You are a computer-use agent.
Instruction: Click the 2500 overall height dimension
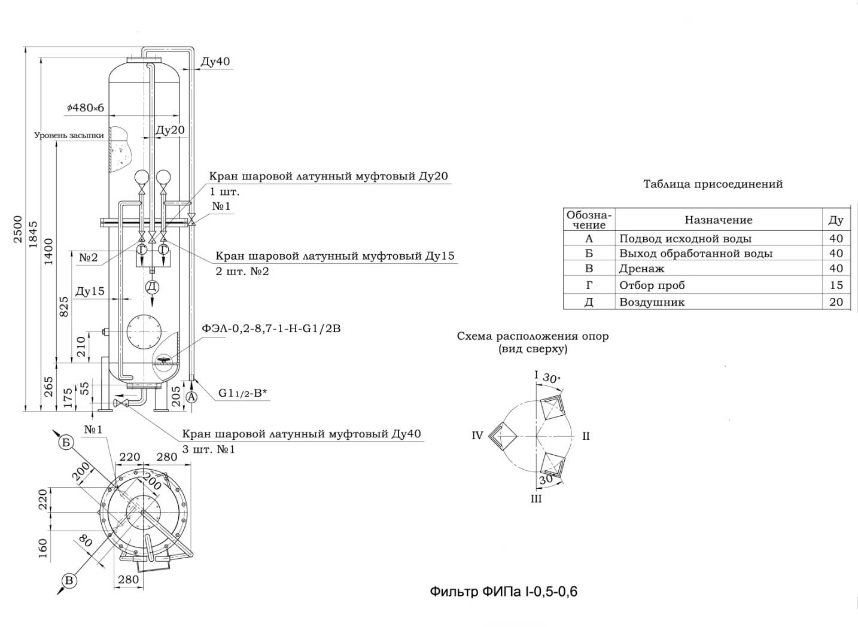pos(18,229)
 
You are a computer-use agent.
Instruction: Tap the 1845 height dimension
pos(34,234)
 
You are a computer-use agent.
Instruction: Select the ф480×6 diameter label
pos(86,108)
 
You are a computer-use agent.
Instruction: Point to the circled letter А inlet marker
pos(191,397)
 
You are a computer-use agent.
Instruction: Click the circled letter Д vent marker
pos(152,287)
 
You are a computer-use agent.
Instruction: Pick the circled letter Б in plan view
pos(66,443)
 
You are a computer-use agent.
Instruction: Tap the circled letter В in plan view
pos(69,581)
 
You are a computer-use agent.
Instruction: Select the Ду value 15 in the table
pos(836,285)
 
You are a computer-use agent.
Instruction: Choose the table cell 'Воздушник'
pos(652,302)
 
